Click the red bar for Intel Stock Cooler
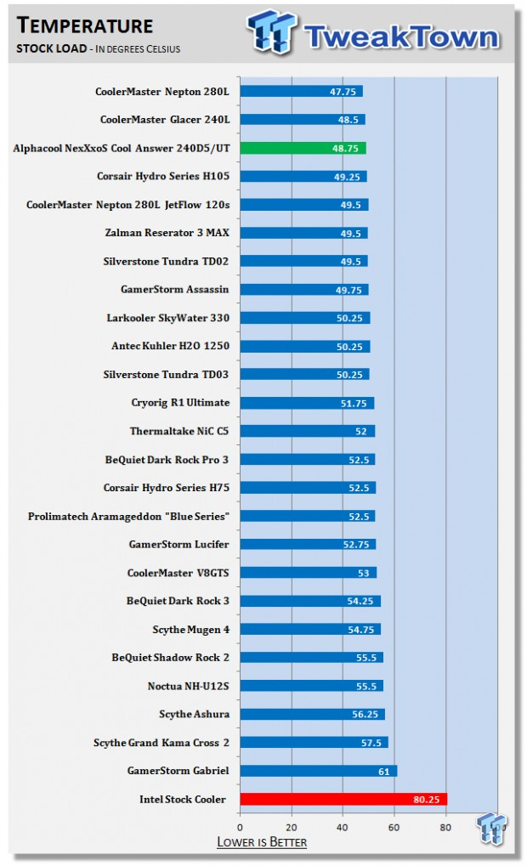(343, 799)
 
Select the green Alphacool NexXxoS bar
(303, 148)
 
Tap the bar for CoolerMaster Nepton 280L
(301, 91)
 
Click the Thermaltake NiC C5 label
(179, 431)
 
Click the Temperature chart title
(85, 26)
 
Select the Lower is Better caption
(262, 842)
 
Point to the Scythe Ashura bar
(312, 714)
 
